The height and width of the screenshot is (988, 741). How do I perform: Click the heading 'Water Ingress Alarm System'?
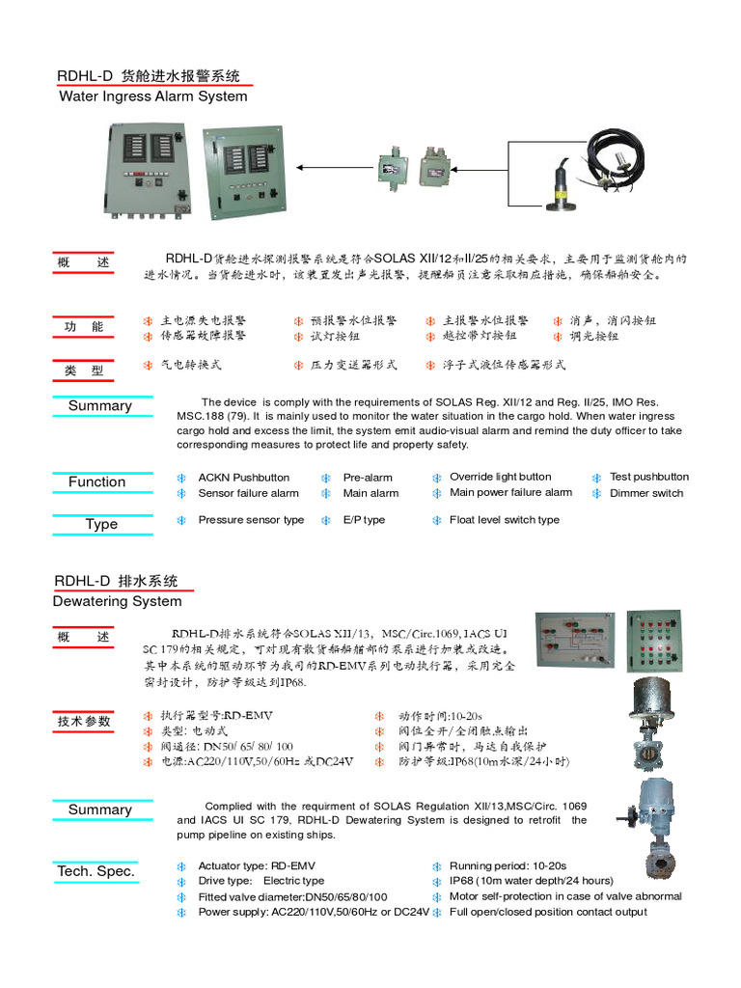coord(152,96)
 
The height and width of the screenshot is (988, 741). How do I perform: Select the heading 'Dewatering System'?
coord(117,601)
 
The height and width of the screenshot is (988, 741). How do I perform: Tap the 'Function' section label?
coord(96,481)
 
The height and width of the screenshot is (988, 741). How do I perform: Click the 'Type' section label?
coord(101,524)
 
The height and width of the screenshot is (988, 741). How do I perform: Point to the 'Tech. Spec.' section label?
coord(96,871)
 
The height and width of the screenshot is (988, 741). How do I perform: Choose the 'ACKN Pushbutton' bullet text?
coord(243,478)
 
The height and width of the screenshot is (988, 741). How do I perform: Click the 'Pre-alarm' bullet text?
coord(368,478)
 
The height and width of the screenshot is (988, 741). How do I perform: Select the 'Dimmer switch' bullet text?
coord(645,493)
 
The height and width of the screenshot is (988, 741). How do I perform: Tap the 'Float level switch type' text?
coord(504,520)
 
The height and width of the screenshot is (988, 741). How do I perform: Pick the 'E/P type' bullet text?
coord(364,520)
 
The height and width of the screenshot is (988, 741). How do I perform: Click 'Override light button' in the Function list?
coord(500,477)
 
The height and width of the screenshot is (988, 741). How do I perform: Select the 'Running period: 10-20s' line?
coord(508,866)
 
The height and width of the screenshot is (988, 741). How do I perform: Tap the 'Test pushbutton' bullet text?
coord(648,477)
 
